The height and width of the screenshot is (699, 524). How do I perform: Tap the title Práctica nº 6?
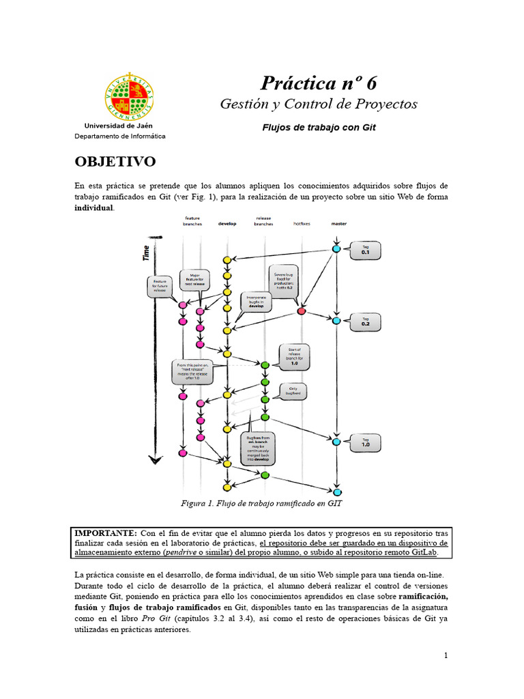tap(318, 83)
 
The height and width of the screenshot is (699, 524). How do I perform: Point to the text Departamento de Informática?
tap(120, 137)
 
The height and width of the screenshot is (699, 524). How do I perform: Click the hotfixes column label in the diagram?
tap(302, 223)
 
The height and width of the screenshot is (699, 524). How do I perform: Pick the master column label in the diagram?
tap(338, 223)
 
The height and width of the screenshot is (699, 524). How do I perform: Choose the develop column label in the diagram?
tap(227, 223)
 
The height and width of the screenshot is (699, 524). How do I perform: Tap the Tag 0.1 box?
tap(366, 251)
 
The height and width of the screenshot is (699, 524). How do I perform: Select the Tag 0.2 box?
tap(366, 322)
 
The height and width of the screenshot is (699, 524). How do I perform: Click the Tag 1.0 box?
tap(366, 442)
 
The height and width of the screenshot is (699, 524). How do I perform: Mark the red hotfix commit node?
tap(302, 311)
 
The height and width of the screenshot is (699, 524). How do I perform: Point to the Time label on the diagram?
tap(145, 253)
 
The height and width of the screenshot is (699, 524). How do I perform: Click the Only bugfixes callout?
tap(295, 391)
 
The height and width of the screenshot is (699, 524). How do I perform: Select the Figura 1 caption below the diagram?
tap(261, 504)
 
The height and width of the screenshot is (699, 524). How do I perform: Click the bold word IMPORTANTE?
tap(105, 532)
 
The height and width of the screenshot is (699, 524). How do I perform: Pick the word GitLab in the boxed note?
tap(421, 554)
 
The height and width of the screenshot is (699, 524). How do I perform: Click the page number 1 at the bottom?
tap(446, 656)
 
